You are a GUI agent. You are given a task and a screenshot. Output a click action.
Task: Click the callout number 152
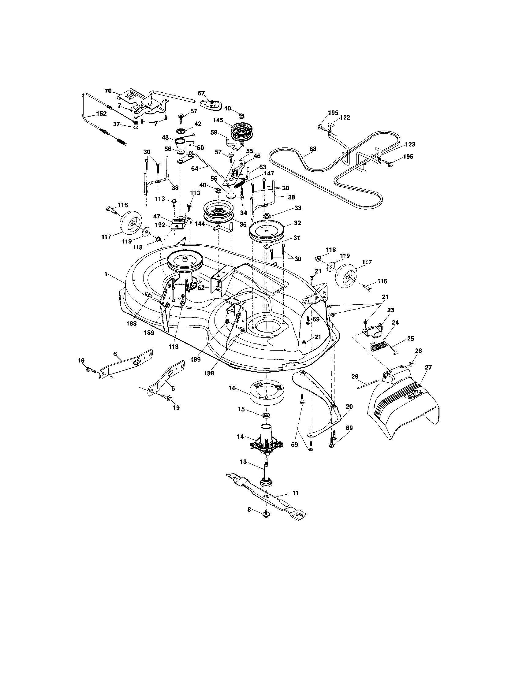(x=101, y=113)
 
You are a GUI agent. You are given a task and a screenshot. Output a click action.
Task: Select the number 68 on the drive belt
(x=312, y=149)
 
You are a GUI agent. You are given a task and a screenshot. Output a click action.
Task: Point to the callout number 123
(x=410, y=144)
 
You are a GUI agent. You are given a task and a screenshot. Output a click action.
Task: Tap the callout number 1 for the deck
(x=106, y=274)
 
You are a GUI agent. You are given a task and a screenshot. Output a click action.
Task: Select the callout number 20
(x=349, y=407)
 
